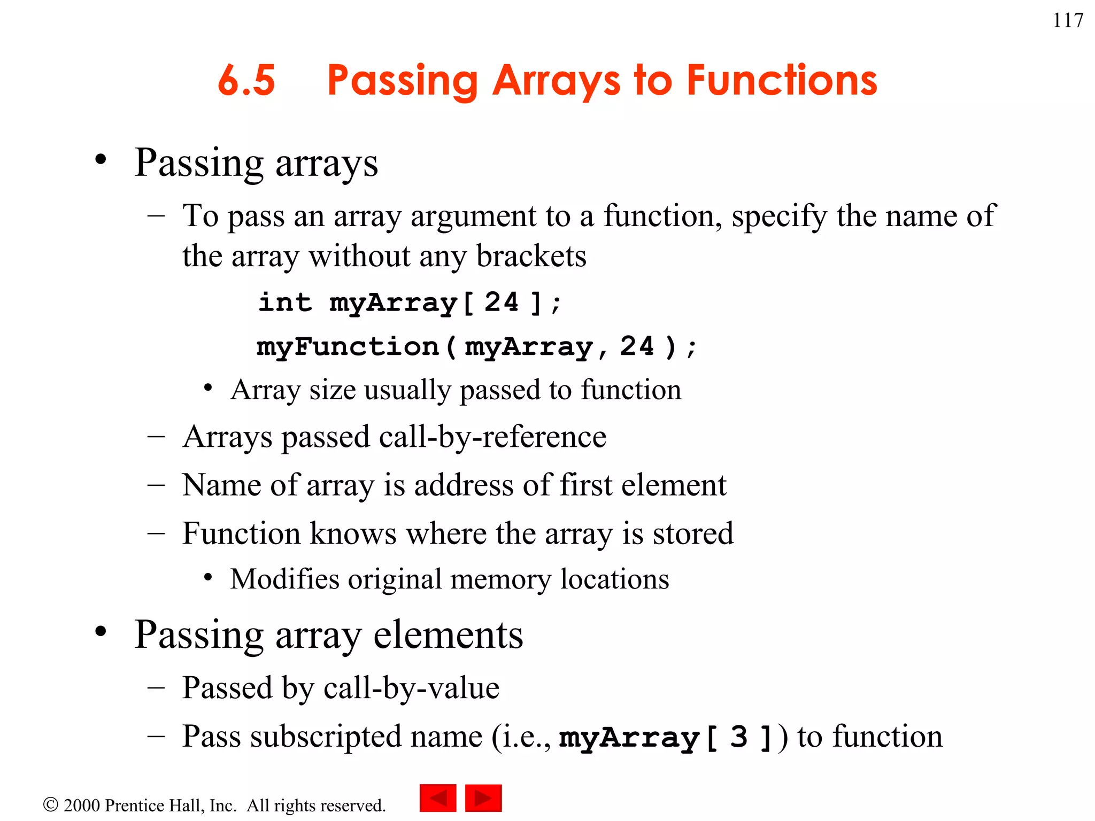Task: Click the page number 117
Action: [1068, 20]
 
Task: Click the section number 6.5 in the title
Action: [246, 81]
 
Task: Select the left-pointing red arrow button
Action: [438, 798]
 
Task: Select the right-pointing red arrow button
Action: [483, 798]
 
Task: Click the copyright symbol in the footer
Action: [50, 804]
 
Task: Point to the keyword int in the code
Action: [285, 303]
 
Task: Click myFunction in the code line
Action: [348, 347]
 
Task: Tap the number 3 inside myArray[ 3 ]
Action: [738, 738]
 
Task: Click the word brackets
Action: [531, 256]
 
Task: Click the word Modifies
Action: [284, 579]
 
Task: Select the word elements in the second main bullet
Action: [448, 635]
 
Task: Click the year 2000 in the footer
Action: [82, 805]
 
